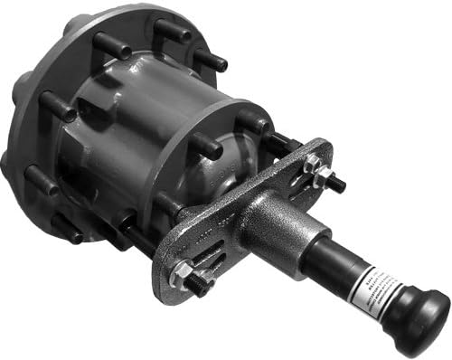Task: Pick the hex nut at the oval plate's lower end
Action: (x=182, y=270)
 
